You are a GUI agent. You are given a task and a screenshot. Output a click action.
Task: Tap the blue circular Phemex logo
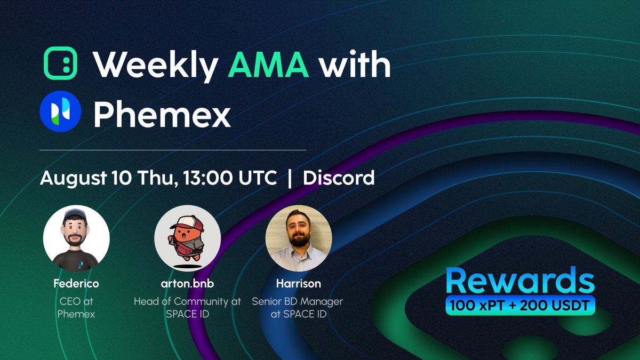pos(60,110)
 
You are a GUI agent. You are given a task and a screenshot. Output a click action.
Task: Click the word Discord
pos(339,178)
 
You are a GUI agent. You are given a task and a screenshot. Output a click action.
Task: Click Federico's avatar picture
pos(76,238)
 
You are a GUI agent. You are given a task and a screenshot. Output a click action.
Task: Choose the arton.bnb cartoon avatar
pos(187,238)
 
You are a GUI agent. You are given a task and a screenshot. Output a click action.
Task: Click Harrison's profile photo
pos(299,238)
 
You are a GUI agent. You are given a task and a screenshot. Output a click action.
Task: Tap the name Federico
pos(76,284)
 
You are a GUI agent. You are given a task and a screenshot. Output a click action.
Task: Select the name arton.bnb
pos(187,284)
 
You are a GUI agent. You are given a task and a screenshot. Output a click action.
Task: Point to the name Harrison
pos(299,284)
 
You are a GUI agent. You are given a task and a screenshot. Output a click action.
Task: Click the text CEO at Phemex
pos(76,308)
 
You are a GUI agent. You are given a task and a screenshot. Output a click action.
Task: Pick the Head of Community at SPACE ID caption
pos(187,308)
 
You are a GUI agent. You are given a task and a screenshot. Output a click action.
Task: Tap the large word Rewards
pos(519,281)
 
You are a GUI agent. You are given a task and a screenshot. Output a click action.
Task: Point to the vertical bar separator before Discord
pos(290,178)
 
